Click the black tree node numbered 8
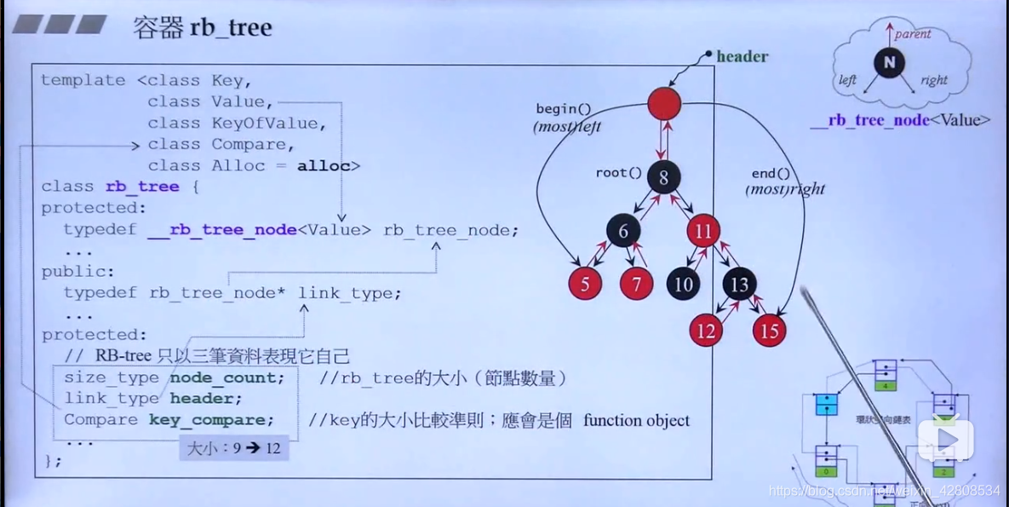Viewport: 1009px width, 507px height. coord(663,178)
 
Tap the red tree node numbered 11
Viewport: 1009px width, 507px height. coord(702,231)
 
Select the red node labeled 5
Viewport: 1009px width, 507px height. coord(585,284)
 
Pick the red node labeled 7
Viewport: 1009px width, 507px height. coord(637,284)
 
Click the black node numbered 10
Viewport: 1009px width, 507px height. coord(684,284)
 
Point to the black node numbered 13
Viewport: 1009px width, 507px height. coord(740,284)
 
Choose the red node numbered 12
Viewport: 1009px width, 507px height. coord(706,331)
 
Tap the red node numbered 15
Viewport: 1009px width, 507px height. coord(769,331)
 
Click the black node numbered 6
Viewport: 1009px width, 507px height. coord(623,232)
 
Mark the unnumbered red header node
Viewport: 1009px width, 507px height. coord(664,103)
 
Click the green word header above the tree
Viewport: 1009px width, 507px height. coord(742,57)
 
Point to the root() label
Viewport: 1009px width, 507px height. coord(618,173)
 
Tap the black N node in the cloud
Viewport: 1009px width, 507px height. coord(889,63)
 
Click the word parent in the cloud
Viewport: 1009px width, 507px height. coord(913,34)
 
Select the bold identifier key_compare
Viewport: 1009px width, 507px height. coord(212,420)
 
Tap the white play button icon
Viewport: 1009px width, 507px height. coord(944,439)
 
